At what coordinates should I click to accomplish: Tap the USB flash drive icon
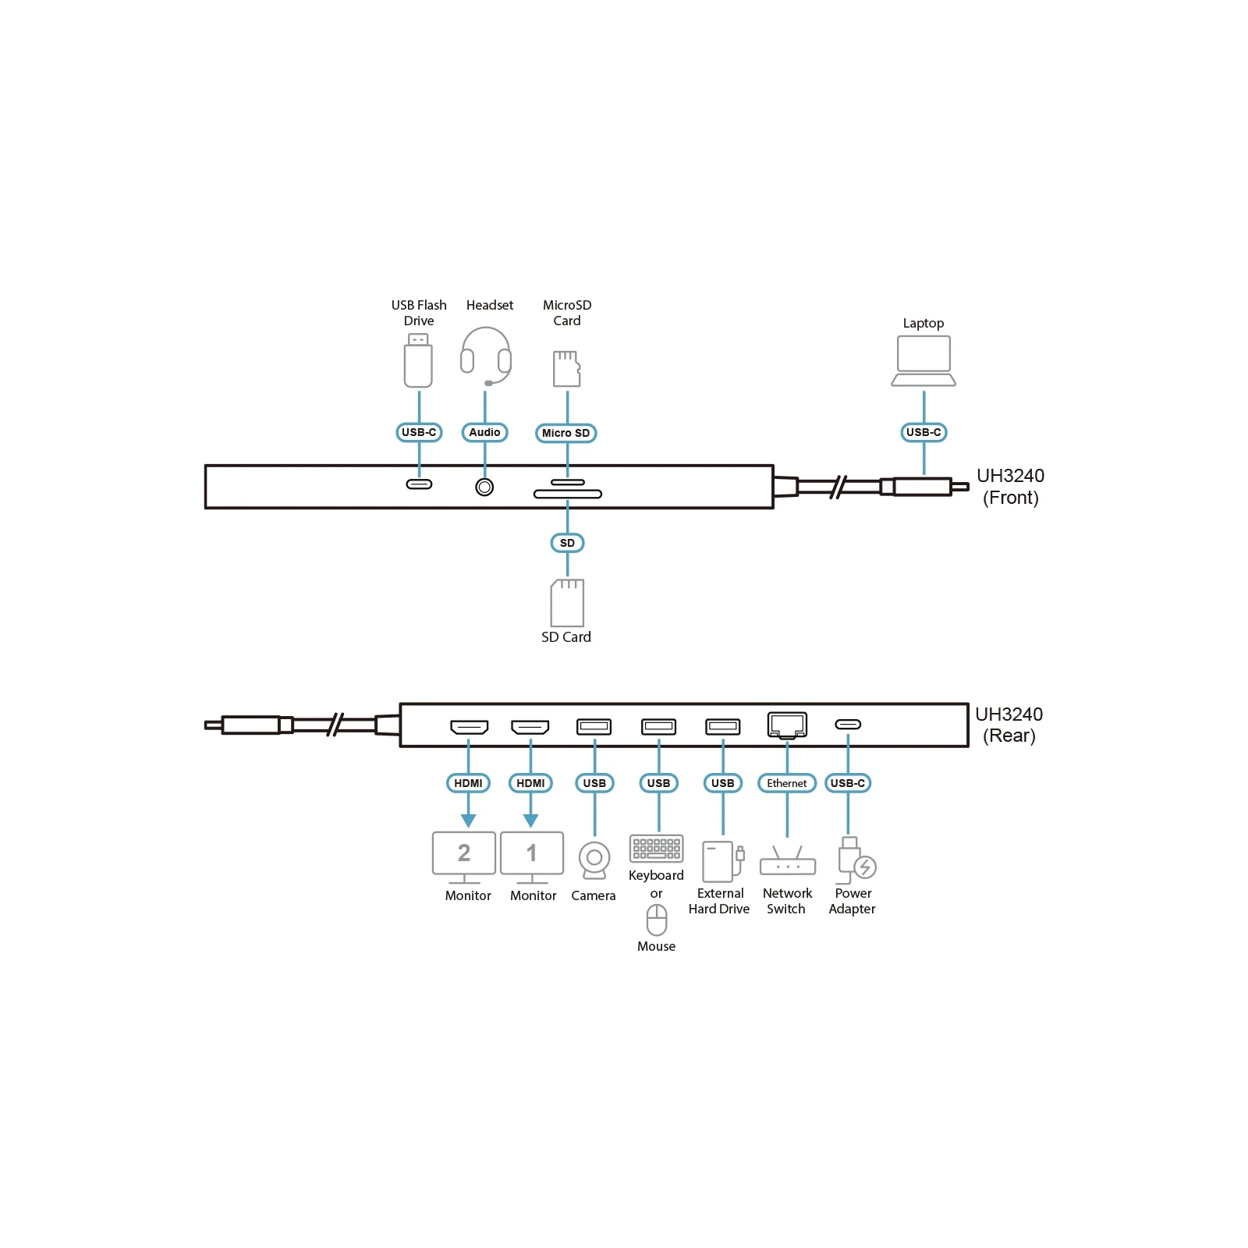(x=418, y=360)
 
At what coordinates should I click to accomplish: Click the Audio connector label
(x=484, y=432)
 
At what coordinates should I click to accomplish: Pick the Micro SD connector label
(x=566, y=433)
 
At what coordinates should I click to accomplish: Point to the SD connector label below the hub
(x=567, y=543)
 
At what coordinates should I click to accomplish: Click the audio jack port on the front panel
(x=484, y=487)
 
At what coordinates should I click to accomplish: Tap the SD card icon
(x=567, y=603)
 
